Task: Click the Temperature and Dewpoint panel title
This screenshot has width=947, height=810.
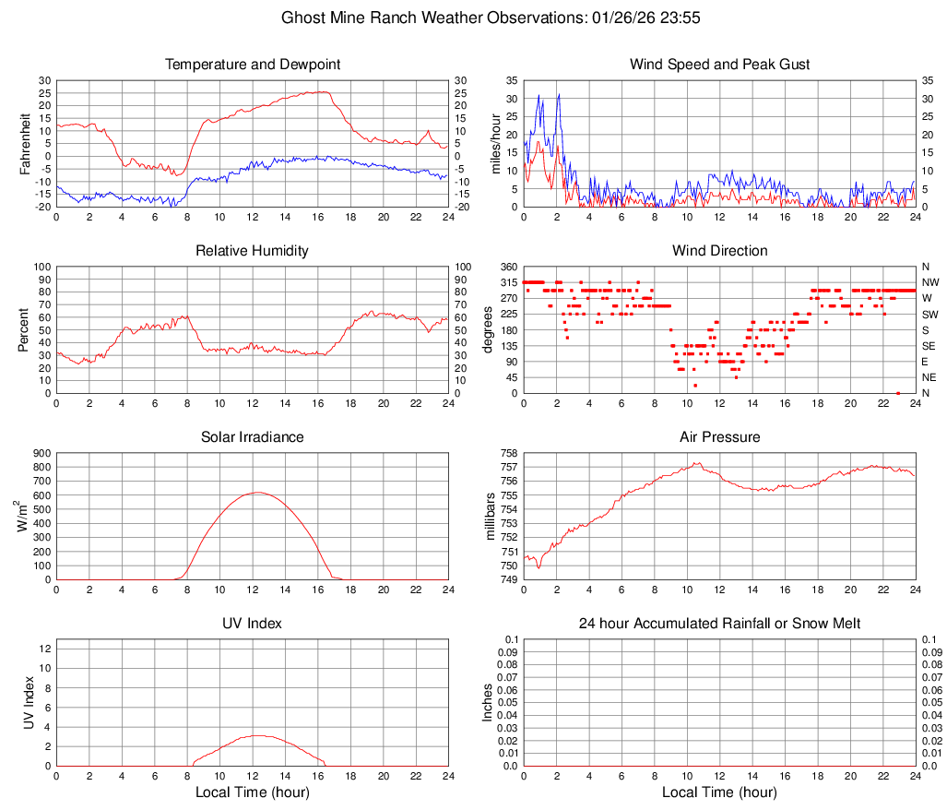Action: click(x=253, y=65)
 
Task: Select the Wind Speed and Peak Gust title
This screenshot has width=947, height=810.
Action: click(x=719, y=65)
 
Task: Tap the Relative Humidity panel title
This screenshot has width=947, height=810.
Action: click(x=253, y=251)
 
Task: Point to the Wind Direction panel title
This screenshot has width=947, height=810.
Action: click(x=719, y=251)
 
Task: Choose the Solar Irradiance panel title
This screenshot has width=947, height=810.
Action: click(x=253, y=437)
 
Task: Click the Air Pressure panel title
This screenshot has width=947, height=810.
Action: click(x=719, y=437)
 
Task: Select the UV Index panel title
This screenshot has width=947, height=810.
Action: click(x=253, y=624)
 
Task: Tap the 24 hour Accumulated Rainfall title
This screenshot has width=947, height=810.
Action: click(x=719, y=624)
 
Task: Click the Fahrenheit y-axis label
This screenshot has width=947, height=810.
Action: click(x=26, y=143)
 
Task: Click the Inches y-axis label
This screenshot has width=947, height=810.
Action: click(x=488, y=702)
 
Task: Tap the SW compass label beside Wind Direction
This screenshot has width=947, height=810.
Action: click(x=929, y=314)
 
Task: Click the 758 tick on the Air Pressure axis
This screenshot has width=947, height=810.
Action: click(x=507, y=453)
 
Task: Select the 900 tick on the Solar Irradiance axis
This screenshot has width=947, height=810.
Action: click(x=41, y=453)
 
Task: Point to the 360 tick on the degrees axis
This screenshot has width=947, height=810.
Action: click(x=507, y=267)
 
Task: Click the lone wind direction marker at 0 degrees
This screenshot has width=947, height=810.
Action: click(x=897, y=393)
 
